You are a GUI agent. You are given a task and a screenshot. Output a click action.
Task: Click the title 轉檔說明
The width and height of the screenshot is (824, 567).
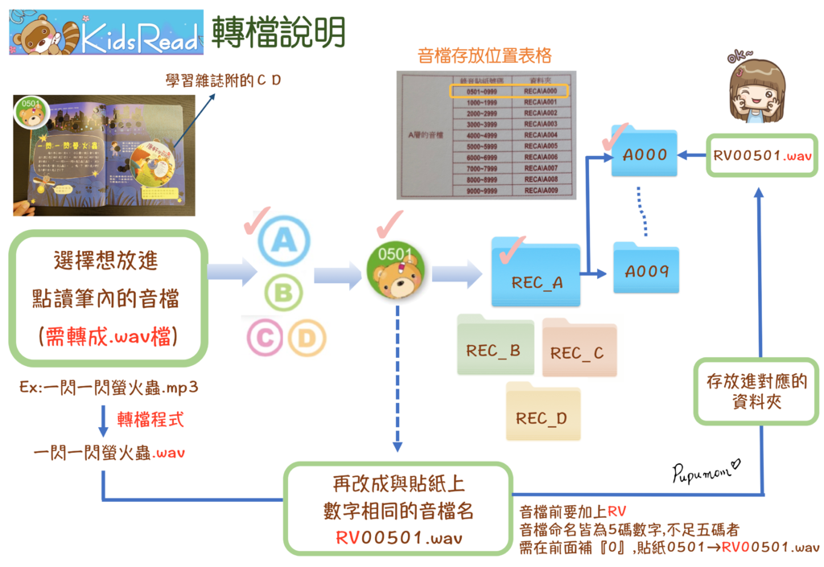pyautogui.click(x=279, y=32)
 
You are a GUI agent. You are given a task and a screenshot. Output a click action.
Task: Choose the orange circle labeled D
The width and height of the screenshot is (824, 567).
pyautogui.click(x=307, y=339)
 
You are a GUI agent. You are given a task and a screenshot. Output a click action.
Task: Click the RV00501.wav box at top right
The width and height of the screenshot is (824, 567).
pyautogui.click(x=762, y=155)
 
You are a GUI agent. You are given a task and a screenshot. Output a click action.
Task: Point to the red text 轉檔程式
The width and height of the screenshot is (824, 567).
pyautogui.click(x=150, y=419)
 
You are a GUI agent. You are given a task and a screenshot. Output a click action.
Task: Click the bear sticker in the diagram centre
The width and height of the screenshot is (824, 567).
pyautogui.click(x=396, y=273)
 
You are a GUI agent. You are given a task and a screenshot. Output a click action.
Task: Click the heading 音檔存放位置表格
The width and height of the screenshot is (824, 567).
pyautogui.click(x=484, y=55)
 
